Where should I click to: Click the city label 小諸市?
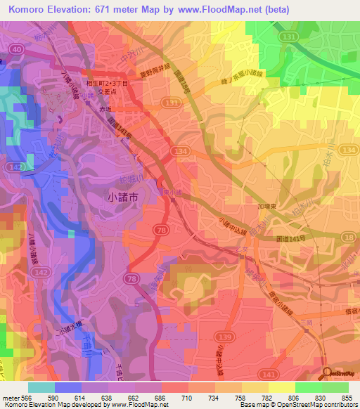click(127, 197)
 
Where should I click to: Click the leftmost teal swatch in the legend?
click(41, 387)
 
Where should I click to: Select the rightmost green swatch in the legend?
click(335, 387)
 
